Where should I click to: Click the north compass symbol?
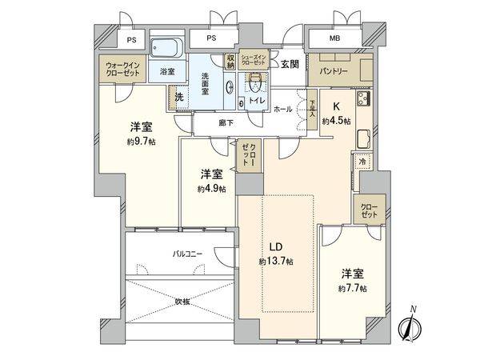click(x=413, y=326)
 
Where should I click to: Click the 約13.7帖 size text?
click(x=276, y=262)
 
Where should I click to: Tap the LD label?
click(x=276, y=247)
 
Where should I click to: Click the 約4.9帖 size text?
click(x=211, y=189)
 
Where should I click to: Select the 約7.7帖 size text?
click(x=352, y=288)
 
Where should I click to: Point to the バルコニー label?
click(x=188, y=254)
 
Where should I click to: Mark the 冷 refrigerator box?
click(x=362, y=162)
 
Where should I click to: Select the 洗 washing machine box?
click(x=178, y=98)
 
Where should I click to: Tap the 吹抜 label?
click(x=183, y=302)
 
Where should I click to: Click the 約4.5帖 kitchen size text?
click(x=336, y=121)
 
